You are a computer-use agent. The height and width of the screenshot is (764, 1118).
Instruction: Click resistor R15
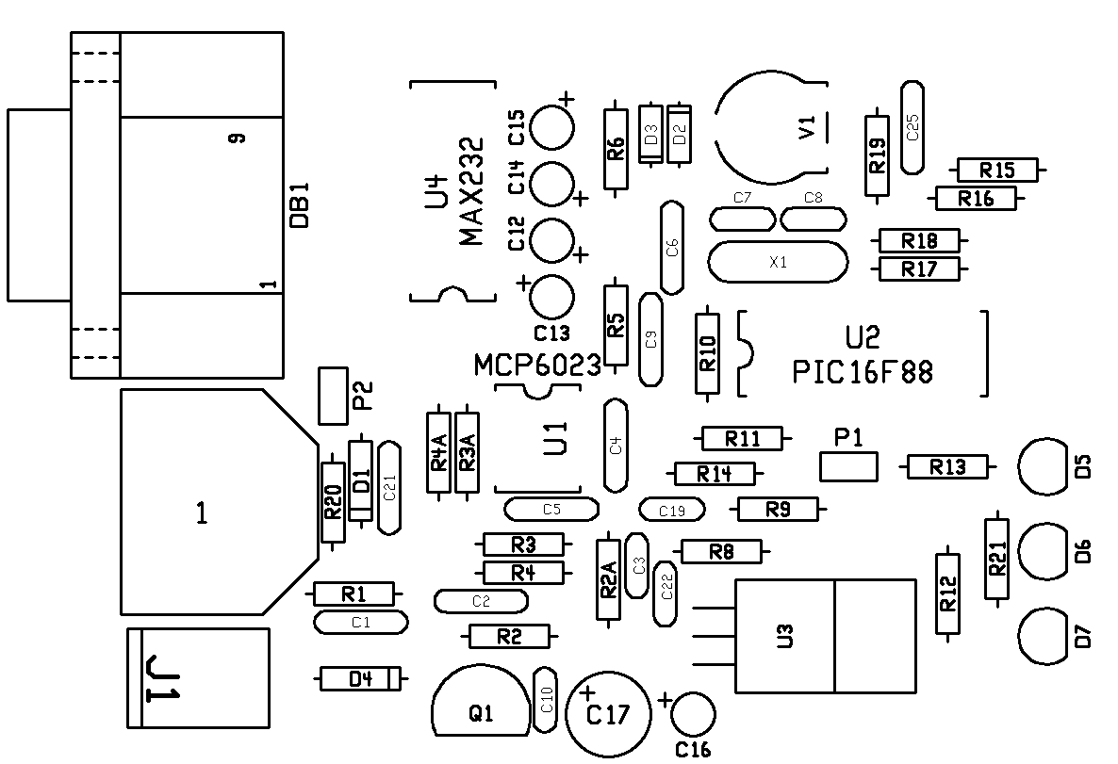pyautogui.click(x=997, y=170)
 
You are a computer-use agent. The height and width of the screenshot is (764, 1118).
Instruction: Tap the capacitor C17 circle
pyautogui.click(x=608, y=714)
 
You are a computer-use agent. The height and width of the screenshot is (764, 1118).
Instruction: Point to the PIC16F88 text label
pyautogui.click(x=863, y=373)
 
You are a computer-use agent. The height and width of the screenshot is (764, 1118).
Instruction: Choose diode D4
pyautogui.click(x=360, y=677)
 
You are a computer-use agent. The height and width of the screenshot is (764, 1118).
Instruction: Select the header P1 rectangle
pyautogui.click(x=848, y=465)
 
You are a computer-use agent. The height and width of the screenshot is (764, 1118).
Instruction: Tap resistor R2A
pyautogui.click(x=609, y=579)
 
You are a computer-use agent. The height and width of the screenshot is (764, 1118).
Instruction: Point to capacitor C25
pyautogui.click(x=912, y=127)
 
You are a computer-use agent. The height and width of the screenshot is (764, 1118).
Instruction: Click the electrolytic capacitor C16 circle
pyautogui.click(x=695, y=713)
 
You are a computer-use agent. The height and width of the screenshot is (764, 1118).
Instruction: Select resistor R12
pyautogui.click(x=946, y=593)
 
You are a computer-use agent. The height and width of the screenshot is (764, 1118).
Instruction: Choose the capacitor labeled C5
pyautogui.click(x=551, y=510)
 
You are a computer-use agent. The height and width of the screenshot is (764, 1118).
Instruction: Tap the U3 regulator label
pyautogui.click(x=784, y=637)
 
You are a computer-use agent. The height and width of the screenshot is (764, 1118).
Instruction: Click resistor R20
pyautogui.click(x=333, y=502)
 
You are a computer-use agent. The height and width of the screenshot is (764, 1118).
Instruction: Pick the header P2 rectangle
pyautogui.click(x=333, y=396)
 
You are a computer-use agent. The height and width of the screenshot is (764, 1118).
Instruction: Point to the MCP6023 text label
pyautogui.click(x=537, y=366)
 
